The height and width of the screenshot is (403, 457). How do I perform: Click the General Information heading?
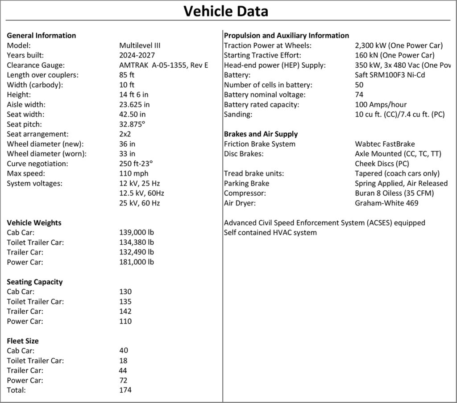42,36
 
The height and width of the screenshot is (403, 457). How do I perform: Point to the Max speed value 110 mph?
134,173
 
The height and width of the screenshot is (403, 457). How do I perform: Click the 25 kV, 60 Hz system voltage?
140,203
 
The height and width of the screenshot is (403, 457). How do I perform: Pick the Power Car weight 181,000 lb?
137,262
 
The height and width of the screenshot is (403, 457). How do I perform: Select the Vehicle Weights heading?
34,223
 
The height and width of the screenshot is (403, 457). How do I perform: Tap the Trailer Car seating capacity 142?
125,311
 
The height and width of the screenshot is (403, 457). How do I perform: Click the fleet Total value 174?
125,390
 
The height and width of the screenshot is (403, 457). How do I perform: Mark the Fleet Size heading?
23,341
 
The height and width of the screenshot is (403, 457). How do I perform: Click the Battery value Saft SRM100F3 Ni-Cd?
390,75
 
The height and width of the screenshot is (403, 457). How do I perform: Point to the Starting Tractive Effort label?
262,55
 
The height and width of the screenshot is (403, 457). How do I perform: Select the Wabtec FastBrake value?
385,144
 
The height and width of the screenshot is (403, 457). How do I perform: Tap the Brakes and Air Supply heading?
261,134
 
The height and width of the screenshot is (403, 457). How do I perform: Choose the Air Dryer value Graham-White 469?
386,203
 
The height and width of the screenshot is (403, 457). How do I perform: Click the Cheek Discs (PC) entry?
382,164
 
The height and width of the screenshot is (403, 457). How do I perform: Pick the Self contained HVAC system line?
270,233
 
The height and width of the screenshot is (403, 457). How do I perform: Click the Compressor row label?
245,193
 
